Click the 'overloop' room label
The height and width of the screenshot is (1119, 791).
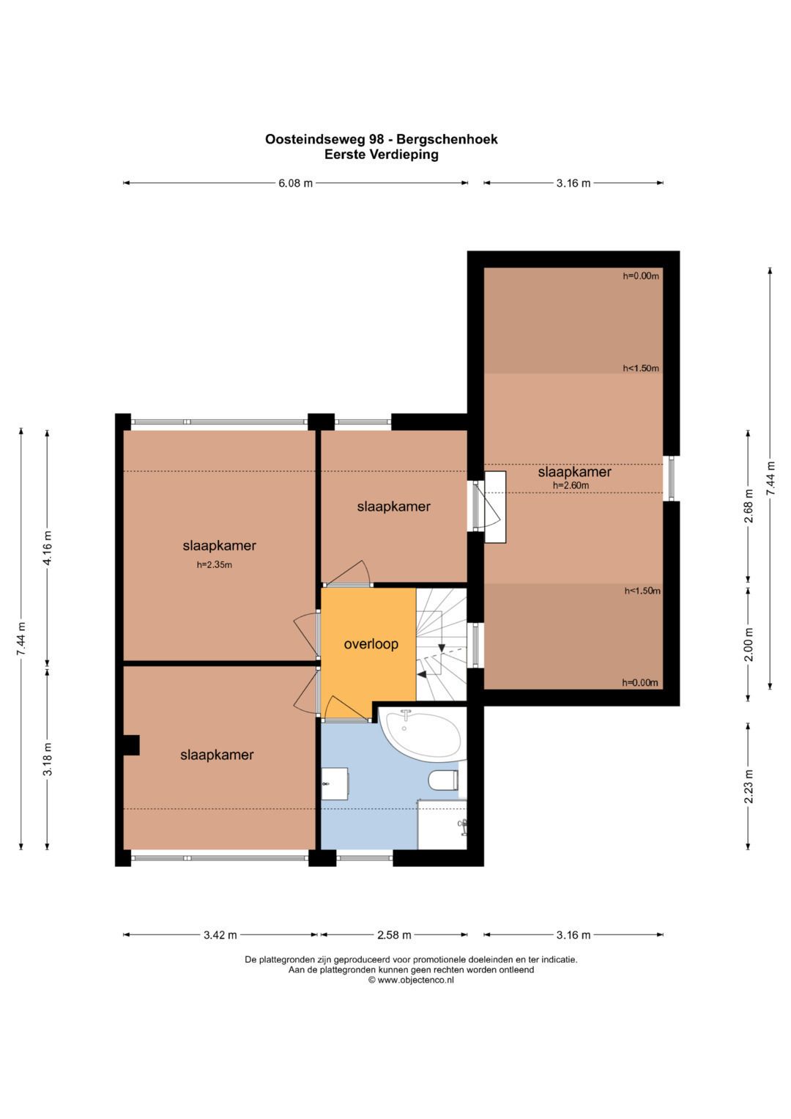tap(371, 644)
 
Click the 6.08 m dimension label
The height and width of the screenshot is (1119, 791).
tap(296, 183)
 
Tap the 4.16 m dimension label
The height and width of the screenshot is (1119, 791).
tap(48, 547)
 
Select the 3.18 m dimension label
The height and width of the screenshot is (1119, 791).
tap(48, 758)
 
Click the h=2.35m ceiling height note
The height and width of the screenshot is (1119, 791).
tap(214, 565)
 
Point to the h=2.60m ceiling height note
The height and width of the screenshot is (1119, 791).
tap(571, 485)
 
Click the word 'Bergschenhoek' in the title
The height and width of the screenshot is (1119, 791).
tap(447, 139)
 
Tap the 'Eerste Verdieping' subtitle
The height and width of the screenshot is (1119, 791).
tap(382, 155)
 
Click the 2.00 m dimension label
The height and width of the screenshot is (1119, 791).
tap(749, 644)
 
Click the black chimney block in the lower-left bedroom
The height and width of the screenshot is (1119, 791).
tap(131, 745)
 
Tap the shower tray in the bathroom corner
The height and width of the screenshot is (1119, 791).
tap(442, 824)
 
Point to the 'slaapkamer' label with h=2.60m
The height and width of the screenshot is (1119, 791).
tap(574, 472)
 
